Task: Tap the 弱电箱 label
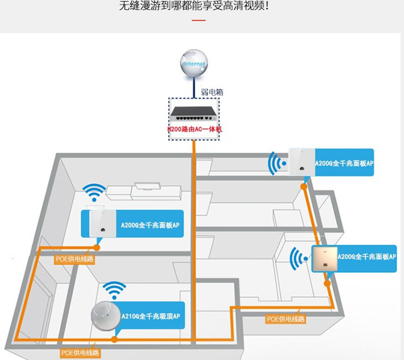tap(213, 92)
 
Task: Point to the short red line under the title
tap(199, 21)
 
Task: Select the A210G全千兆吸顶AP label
tap(150, 317)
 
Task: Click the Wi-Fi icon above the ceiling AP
tap(112, 290)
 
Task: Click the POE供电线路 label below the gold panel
tap(286, 319)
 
